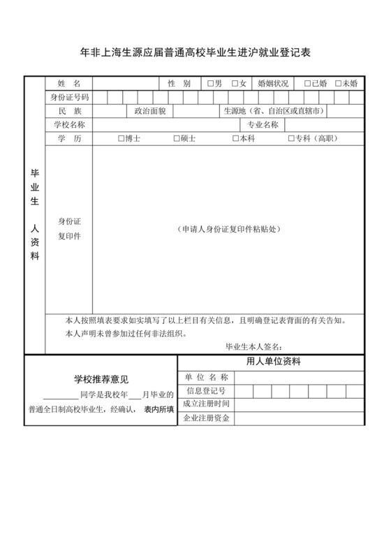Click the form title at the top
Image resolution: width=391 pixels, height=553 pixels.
click(195, 53)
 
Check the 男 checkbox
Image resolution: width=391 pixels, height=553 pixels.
click(211, 84)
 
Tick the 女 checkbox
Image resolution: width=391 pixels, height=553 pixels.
click(236, 84)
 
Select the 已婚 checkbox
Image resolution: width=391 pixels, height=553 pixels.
click(308, 84)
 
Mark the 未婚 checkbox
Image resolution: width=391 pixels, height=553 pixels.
click(339, 84)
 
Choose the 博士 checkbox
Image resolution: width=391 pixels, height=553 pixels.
click(121, 139)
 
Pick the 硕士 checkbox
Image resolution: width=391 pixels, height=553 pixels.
click(177, 139)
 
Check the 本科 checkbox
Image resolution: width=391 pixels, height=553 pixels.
click(236, 139)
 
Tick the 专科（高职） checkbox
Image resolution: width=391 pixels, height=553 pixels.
click(290, 139)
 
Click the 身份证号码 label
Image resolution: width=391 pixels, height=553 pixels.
click(69, 97)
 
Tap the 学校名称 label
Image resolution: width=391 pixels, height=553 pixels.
click(69, 125)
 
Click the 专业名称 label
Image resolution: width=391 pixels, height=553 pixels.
click(263, 125)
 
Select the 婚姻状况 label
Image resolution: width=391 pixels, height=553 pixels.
click(273, 84)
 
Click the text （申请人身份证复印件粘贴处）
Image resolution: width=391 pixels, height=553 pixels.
click(228, 229)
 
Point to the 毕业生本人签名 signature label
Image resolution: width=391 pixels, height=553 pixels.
click(253, 346)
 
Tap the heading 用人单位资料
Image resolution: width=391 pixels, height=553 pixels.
click(273, 362)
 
